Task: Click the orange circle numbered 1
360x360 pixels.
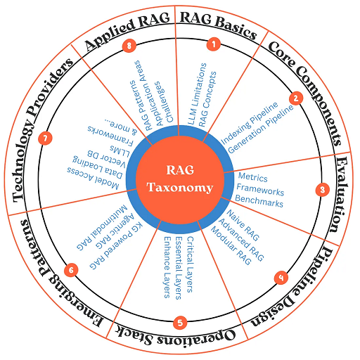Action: pyautogui.click(x=214, y=44)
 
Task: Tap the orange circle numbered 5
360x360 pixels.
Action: pyautogui.click(x=180, y=323)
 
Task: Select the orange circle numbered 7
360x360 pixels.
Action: pyautogui.click(x=45, y=138)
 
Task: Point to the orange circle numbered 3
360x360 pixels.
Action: pyautogui.click(x=323, y=190)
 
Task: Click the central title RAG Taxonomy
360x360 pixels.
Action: pyautogui.click(x=180, y=179)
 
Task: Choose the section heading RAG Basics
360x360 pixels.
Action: pyautogui.click(x=218, y=25)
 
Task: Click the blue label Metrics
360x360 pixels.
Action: pyautogui.click(x=252, y=177)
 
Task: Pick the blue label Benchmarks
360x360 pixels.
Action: pyautogui.click(x=259, y=201)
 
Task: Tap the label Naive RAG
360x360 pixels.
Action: pyautogui.click(x=243, y=225)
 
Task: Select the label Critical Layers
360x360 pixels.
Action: pyautogui.click(x=190, y=264)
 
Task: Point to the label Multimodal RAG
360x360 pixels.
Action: pyautogui.click(x=102, y=227)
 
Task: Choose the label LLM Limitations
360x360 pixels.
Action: pyautogui.click(x=197, y=94)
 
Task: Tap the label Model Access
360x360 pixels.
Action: pyautogui.click(x=93, y=178)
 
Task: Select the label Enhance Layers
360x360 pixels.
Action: pyautogui.click(x=167, y=267)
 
